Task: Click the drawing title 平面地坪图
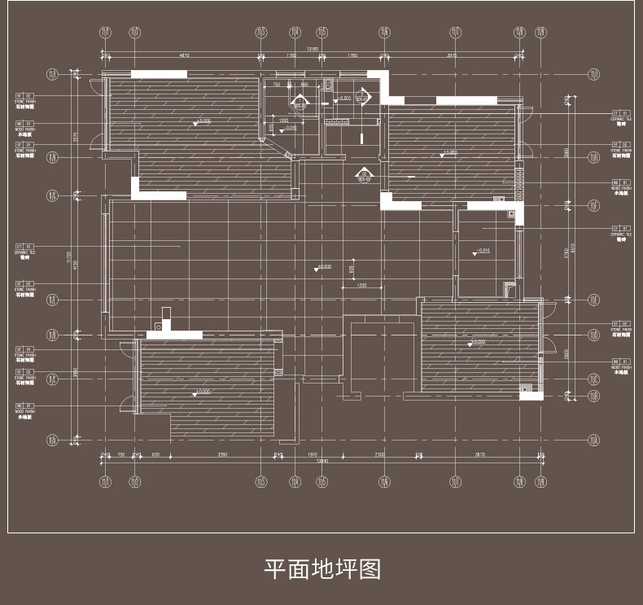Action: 322,568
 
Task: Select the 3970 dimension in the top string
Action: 451,55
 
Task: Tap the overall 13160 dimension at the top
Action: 312,49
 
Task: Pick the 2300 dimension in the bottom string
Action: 379,454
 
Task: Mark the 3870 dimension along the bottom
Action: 479,454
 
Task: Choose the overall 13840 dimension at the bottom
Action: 322,461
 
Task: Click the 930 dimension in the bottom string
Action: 156,454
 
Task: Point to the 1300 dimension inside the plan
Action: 283,121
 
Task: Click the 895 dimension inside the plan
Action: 304,85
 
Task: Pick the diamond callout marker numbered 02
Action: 364,175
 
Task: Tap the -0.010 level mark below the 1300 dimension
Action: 290,128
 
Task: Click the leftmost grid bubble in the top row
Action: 105,33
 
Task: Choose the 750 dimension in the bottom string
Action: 120,454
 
